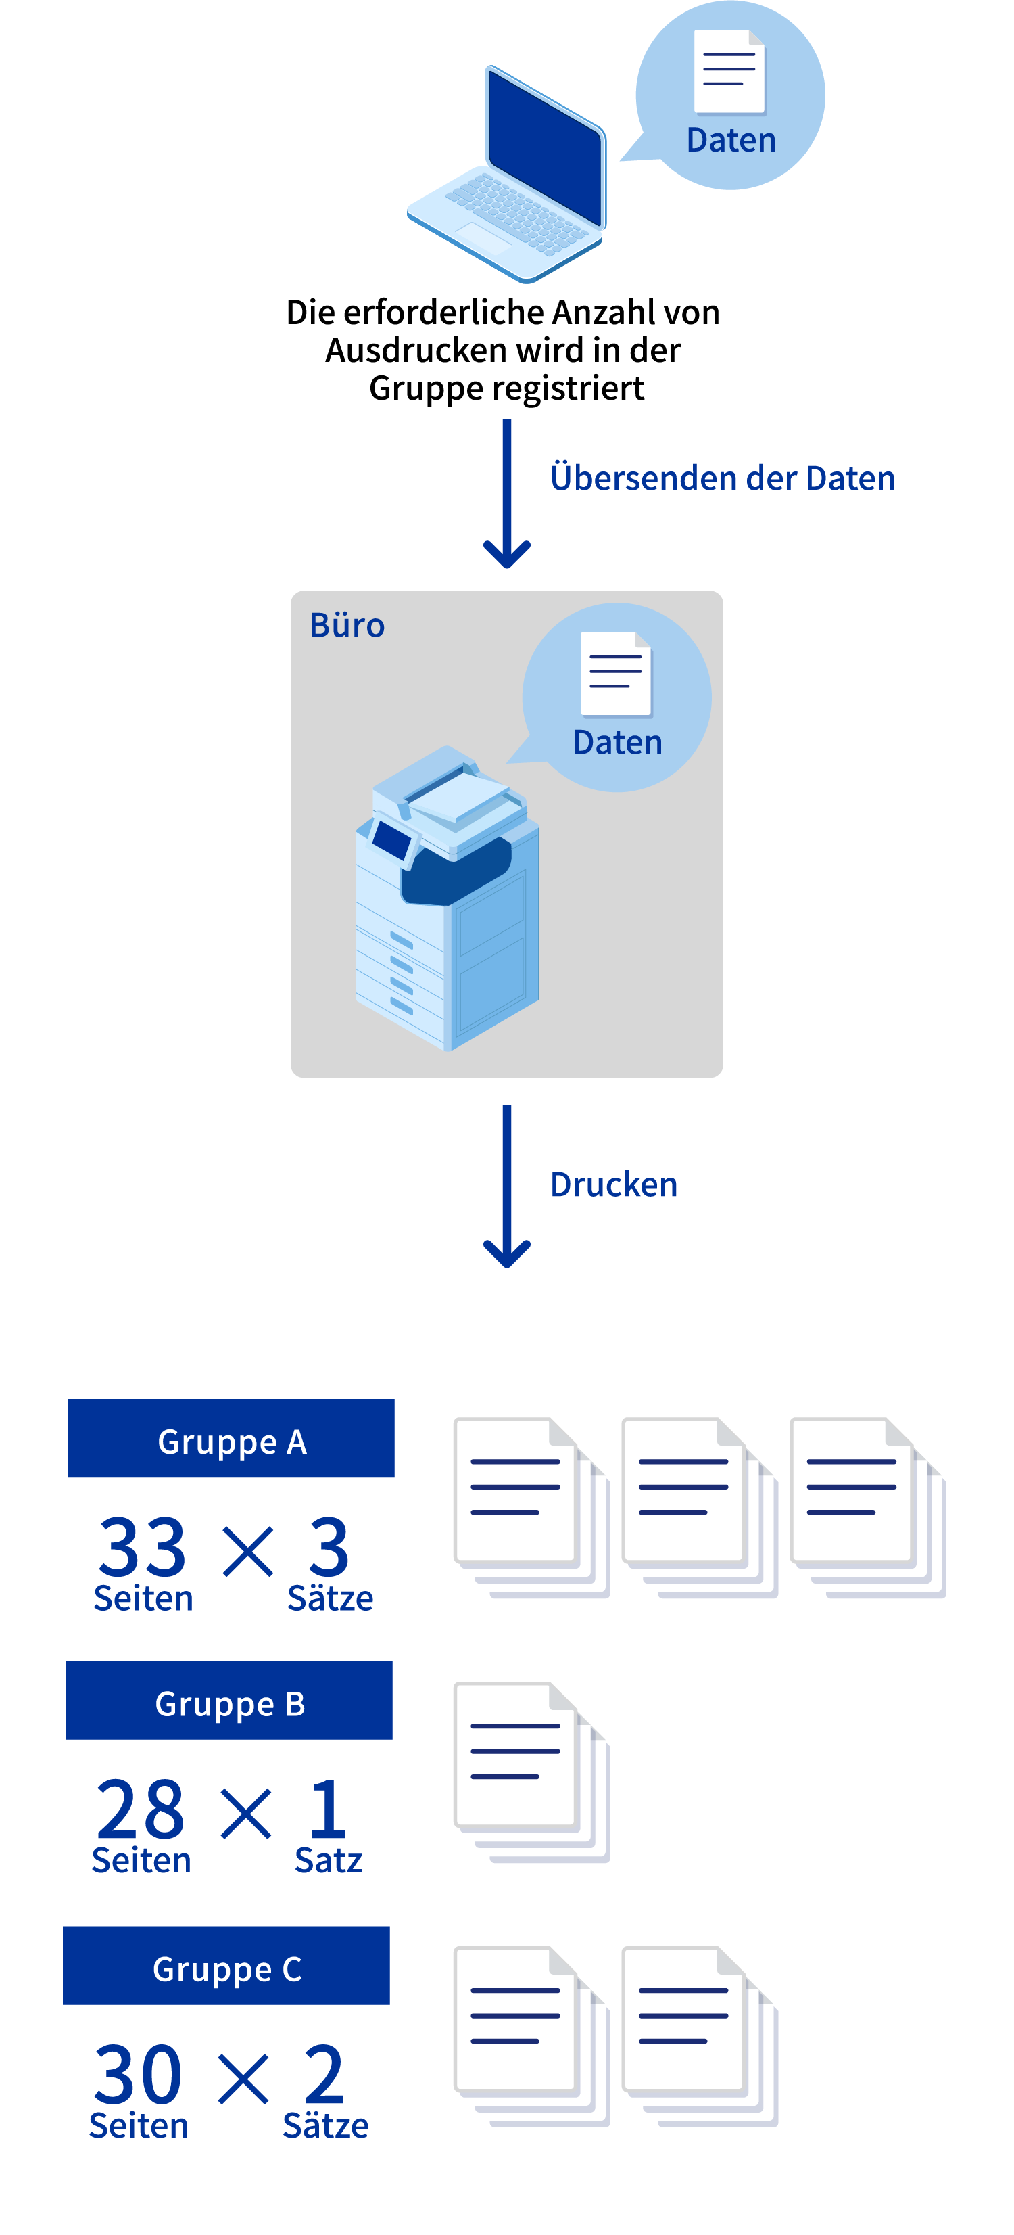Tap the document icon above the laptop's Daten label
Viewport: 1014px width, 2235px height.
pyautogui.click(x=729, y=71)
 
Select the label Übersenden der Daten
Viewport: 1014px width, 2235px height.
pyautogui.click(x=722, y=479)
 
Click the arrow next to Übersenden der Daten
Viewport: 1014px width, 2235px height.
pyautogui.click(x=506, y=494)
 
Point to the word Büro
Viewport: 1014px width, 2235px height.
pyautogui.click(x=347, y=626)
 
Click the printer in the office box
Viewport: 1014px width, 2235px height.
pyautogui.click(x=447, y=898)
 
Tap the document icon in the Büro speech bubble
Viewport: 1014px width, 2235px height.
pyautogui.click(x=616, y=674)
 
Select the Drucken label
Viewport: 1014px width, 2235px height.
pyautogui.click(x=613, y=1185)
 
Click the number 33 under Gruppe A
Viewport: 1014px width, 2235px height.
pyautogui.click(x=142, y=1547)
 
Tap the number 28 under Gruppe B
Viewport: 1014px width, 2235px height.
pyautogui.click(x=140, y=1810)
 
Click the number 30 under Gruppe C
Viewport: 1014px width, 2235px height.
pyautogui.click(x=138, y=2075)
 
